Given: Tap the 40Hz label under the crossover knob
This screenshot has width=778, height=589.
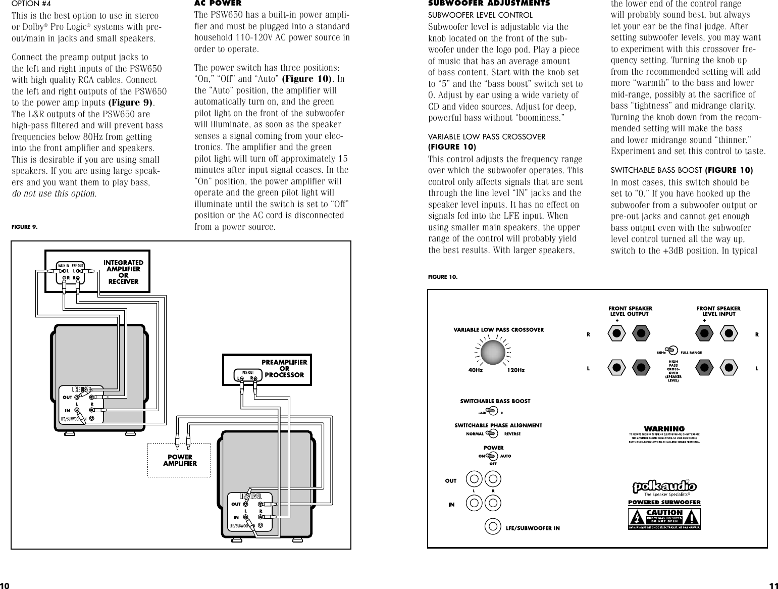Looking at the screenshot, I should click(475, 370).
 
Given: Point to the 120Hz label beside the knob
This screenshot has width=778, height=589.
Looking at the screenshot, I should click(515, 370).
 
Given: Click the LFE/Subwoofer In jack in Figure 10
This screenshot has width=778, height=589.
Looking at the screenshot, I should click(493, 526).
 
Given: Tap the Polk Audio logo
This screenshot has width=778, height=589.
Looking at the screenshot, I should click(664, 486).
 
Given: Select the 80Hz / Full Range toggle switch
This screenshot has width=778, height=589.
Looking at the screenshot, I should click(671, 350).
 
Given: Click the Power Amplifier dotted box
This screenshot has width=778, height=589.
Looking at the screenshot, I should click(179, 460).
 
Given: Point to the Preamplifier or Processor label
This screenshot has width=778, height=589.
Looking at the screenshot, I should click(284, 368).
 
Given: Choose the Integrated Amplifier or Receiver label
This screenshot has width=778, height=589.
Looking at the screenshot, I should click(123, 272).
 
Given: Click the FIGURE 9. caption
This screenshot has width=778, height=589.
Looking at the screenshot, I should click(24, 227).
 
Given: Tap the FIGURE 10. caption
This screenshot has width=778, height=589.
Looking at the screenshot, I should click(442, 276).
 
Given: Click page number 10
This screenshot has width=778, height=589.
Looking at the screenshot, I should click(5, 585).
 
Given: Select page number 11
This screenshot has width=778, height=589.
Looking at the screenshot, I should click(773, 585).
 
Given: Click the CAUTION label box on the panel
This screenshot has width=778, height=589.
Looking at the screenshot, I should click(664, 516).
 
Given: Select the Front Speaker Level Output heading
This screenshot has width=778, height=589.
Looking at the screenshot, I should click(630, 311).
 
